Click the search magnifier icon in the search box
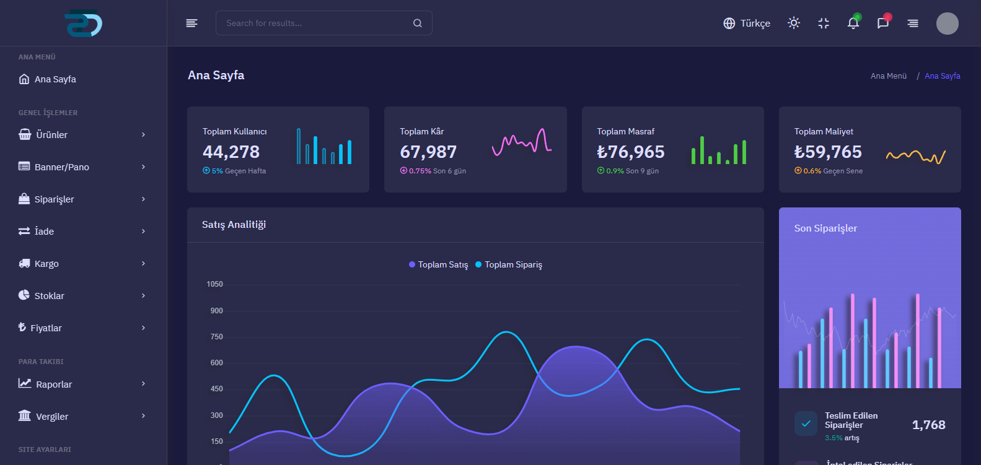tap(418, 24)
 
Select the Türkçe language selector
tap(747, 24)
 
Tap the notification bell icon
tap(853, 24)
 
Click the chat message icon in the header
tap(883, 24)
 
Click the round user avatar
tap(947, 24)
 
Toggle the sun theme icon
tap(794, 23)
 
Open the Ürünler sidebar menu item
tap(51, 135)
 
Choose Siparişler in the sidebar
tap(54, 199)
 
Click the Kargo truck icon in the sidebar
tap(24, 264)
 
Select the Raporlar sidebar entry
tap(54, 385)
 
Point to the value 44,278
tap(231, 152)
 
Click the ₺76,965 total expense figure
tap(630, 152)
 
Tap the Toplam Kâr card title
tap(422, 131)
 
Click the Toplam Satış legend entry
tap(438, 264)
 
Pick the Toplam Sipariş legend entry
tap(509, 264)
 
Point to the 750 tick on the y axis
tap(216, 337)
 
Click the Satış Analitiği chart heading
tap(234, 225)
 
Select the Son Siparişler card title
tap(825, 228)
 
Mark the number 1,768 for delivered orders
tap(928, 425)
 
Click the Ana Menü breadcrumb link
tap(888, 76)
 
